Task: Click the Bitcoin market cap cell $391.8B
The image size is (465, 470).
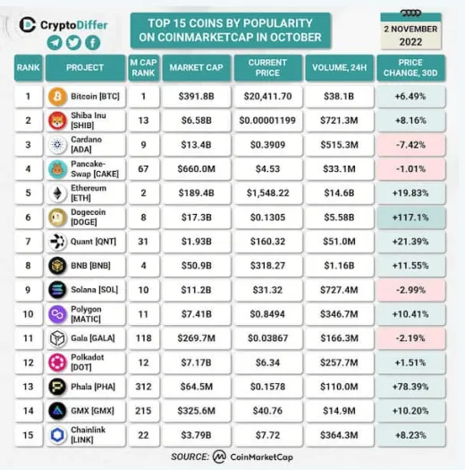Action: point(194,95)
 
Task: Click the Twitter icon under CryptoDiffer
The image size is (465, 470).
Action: point(74,43)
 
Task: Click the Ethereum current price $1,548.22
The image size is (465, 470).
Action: point(266,192)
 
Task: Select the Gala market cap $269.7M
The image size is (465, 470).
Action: point(194,338)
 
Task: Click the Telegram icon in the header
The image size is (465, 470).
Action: point(55,43)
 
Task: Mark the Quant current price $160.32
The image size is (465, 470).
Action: point(266,240)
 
